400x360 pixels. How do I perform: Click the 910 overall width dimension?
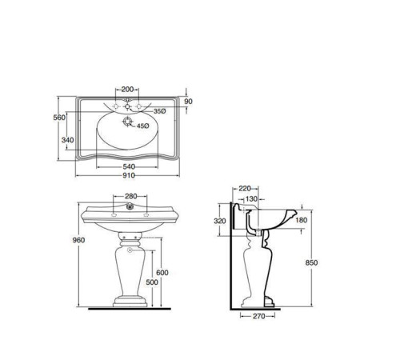129,175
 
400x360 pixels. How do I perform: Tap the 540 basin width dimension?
129,166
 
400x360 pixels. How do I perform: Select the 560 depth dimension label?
59,118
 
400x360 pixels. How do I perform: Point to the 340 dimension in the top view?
67,140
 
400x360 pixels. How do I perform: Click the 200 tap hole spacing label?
127,90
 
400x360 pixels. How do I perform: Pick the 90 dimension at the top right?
188,102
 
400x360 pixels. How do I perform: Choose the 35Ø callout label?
159,111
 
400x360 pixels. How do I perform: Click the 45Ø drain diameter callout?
142,126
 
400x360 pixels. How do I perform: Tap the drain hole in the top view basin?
127,122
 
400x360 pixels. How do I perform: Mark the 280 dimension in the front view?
130,196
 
